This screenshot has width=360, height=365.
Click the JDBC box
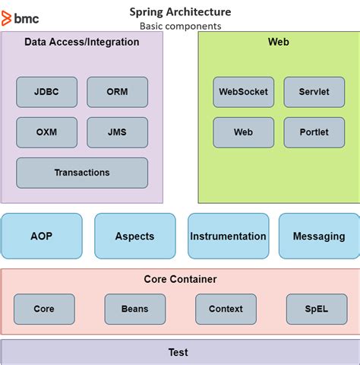coord(46,92)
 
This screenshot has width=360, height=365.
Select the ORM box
coord(117,92)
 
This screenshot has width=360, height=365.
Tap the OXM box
coord(46,132)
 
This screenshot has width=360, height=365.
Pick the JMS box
coord(117,132)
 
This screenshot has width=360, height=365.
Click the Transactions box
coord(82,173)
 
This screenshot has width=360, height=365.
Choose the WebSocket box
coord(243,92)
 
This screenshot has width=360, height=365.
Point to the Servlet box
coord(314,92)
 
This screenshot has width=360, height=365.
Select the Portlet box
coord(314,132)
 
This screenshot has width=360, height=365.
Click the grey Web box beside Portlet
coord(243,132)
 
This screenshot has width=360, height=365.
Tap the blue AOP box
coord(42,236)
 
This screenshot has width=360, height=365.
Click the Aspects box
coord(134,236)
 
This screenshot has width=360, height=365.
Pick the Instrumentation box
coord(228,236)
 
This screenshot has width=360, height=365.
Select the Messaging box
coord(318,236)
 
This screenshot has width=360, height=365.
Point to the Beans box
coord(134,309)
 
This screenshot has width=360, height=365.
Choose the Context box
coord(226,309)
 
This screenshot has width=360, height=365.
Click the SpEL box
coord(317,309)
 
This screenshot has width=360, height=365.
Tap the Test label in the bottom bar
coord(178,352)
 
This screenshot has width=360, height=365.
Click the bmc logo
coord(21,17)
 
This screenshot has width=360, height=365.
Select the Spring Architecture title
coord(181,12)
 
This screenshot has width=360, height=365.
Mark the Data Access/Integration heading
coord(82,42)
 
